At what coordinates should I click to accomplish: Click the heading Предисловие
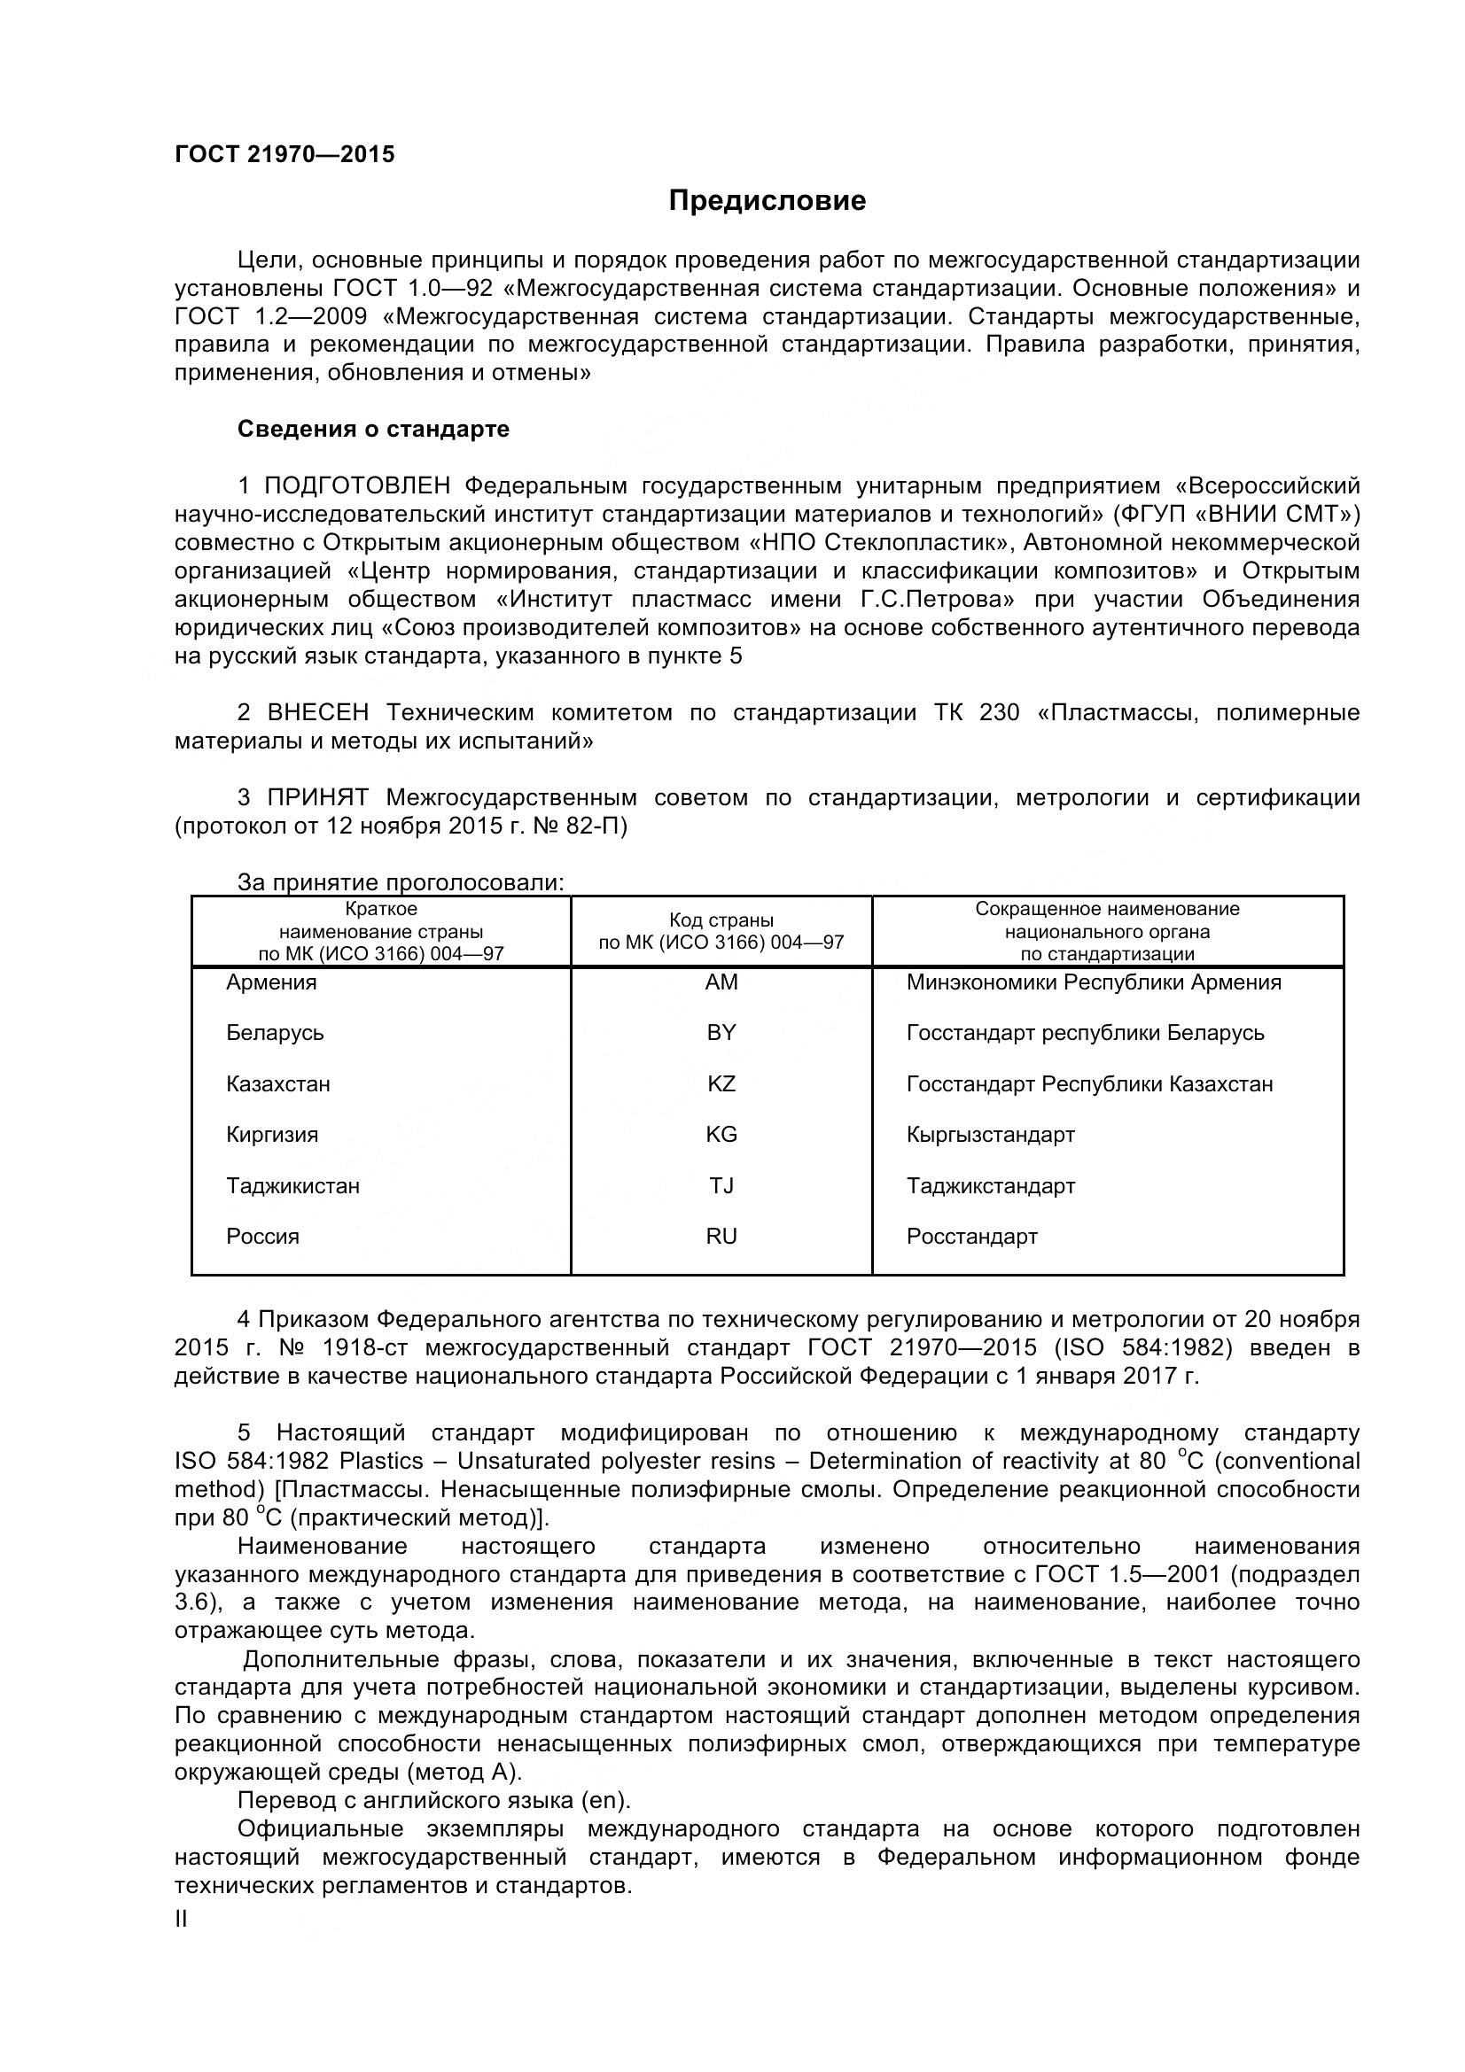(x=767, y=200)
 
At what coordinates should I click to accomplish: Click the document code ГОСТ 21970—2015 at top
(x=284, y=154)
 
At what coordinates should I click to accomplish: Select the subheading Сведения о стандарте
(x=373, y=429)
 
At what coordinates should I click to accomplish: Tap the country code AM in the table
(x=721, y=982)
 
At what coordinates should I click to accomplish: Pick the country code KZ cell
(x=721, y=1083)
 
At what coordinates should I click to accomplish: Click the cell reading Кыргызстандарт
(x=990, y=1135)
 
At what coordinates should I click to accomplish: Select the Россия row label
(x=262, y=1237)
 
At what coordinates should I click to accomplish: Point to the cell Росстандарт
(x=971, y=1237)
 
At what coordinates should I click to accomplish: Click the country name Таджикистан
(x=292, y=1186)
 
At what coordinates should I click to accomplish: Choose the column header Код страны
(x=721, y=920)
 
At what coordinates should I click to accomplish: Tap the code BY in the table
(x=721, y=1032)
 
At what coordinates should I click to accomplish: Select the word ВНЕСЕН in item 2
(x=318, y=713)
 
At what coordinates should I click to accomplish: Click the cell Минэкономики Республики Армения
(x=1093, y=982)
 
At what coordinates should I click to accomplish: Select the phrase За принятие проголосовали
(x=400, y=881)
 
